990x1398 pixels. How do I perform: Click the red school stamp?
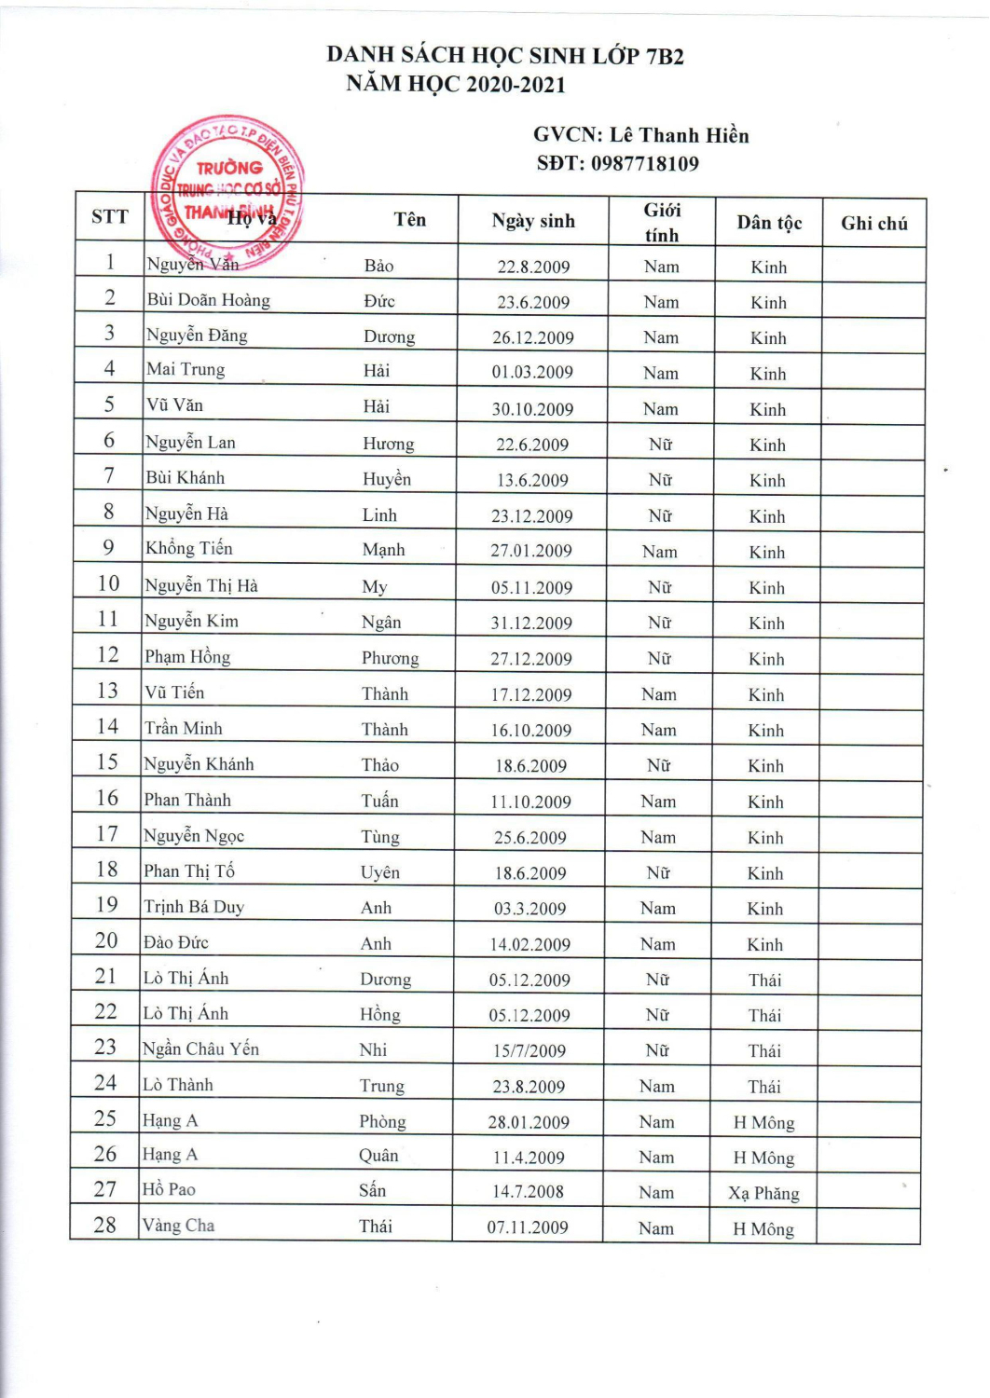point(227,192)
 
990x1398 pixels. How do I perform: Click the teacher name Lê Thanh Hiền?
point(679,135)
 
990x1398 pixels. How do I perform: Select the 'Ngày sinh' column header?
point(533,221)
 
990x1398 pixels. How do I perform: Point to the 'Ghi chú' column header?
point(873,223)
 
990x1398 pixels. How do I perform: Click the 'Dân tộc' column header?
point(769,223)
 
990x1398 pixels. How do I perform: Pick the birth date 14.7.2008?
point(528,1192)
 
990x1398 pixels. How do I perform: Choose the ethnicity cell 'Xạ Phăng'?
point(763,1193)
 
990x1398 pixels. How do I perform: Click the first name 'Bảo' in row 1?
point(378,266)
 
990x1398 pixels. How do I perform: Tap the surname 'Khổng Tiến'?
point(189,549)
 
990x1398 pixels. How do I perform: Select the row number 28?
point(105,1225)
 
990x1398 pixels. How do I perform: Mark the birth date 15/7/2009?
point(529,1050)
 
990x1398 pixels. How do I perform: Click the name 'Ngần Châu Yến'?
point(200,1049)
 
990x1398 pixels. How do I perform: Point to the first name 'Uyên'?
point(380,872)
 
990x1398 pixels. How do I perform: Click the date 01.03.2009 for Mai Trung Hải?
point(532,372)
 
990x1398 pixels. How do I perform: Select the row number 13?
point(108,691)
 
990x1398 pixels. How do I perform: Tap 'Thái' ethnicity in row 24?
point(764,1087)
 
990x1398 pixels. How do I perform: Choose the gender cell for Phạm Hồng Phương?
point(659,659)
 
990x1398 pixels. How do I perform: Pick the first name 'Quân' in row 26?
point(378,1156)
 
